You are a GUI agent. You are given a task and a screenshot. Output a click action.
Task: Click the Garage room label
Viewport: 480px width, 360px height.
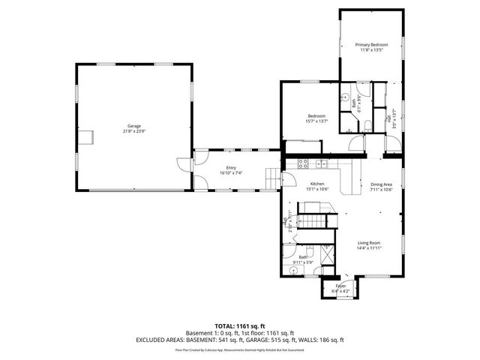pyautogui.click(x=133, y=128)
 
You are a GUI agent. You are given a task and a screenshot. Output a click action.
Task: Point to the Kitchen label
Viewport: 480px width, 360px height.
pyautogui.click(x=317, y=187)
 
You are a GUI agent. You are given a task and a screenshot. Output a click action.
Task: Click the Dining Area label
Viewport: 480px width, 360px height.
pyautogui.click(x=381, y=187)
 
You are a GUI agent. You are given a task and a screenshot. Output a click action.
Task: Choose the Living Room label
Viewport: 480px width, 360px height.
pyautogui.click(x=368, y=245)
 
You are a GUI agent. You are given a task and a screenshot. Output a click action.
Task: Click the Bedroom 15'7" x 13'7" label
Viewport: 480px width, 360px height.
pyautogui.click(x=316, y=118)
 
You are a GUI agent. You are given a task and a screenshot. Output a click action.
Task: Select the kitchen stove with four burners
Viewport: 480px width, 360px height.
pyautogui.click(x=303, y=163)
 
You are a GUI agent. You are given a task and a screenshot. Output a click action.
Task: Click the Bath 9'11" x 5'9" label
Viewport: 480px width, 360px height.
pyautogui.click(x=304, y=259)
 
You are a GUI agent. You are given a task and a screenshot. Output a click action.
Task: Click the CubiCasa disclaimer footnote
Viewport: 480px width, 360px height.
pyautogui.click(x=239, y=349)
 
